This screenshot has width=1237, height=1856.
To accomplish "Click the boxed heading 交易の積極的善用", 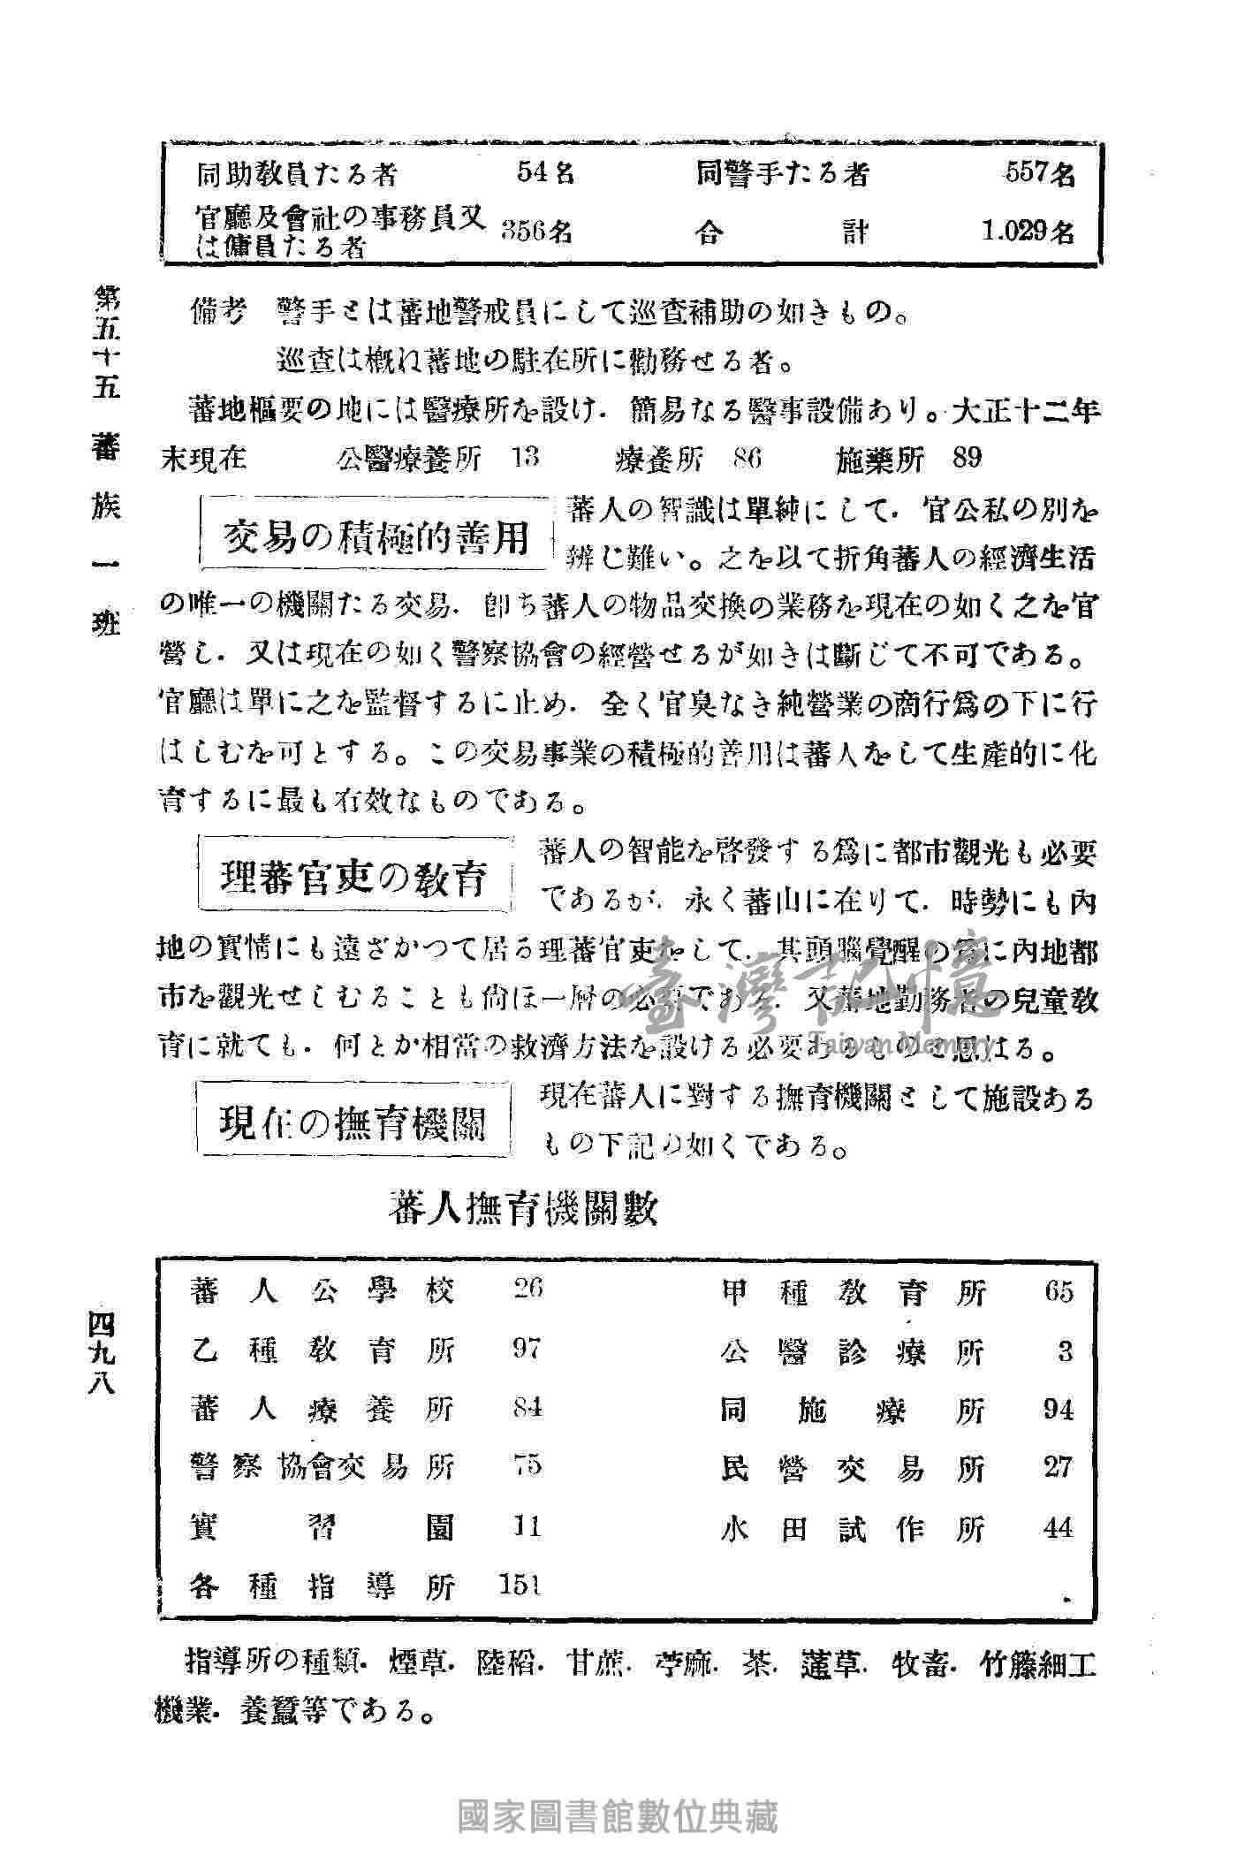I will (376, 535).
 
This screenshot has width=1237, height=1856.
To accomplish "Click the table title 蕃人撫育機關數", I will (523, 1209).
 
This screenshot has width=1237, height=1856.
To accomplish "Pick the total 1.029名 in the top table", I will (1028, 232).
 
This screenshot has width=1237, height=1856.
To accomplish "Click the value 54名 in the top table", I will (545, 173).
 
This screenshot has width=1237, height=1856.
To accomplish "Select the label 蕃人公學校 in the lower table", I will (323, 1291).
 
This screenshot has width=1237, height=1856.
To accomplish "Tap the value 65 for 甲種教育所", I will (1058, 1292).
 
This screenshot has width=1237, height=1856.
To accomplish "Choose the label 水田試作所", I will (853, 1528).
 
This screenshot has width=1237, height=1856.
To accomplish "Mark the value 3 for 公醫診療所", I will (1065, 1351).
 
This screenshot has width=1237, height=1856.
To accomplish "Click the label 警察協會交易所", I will (323, 1467).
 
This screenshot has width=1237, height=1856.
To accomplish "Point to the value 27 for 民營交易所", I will (1058, 1468).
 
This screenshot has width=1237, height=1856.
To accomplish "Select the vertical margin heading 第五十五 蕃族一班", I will (105, 460).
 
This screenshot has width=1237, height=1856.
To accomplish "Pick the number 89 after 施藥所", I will (968, 458).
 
